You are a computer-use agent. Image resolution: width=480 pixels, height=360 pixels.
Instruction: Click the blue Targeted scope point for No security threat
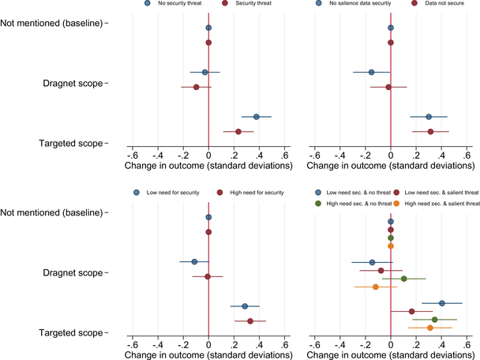pos(257,117)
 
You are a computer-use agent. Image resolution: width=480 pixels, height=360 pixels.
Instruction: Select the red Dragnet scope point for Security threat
pos(196,87)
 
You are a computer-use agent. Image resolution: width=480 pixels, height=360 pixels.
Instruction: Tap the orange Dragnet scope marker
pos(376,287)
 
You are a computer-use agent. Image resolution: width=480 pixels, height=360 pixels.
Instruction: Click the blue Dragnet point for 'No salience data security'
pos(372,73)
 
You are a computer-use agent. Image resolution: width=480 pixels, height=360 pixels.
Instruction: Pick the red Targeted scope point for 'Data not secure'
pos(430,131)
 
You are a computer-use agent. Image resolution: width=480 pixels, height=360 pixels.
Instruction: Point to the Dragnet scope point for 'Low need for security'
pos(194,261)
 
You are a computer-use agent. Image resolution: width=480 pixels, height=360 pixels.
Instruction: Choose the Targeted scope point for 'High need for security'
pos(250,321)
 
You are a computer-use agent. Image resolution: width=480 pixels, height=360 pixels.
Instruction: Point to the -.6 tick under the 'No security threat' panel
pos(132,155)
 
